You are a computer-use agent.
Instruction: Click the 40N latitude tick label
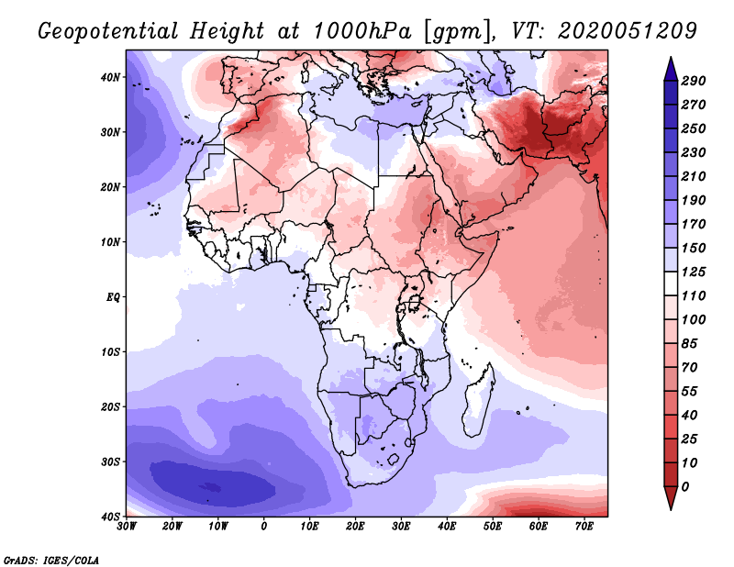111,76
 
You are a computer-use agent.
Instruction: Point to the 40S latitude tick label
111,517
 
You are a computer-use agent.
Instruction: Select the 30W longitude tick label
127,527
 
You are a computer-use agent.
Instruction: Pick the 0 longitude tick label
264,527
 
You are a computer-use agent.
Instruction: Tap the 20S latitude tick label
111,406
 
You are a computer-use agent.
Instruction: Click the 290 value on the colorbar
694,81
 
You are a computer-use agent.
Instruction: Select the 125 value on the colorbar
694,272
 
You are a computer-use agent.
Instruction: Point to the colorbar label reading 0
686,485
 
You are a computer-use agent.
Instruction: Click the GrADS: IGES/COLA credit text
51,559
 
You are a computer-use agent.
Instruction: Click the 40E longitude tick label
447,527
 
